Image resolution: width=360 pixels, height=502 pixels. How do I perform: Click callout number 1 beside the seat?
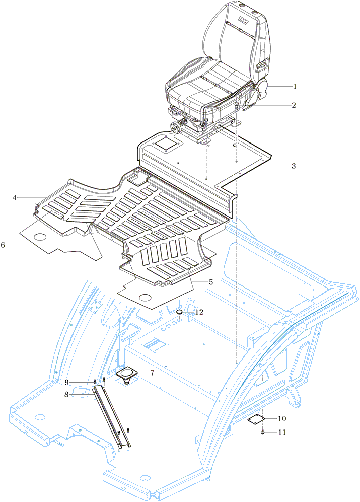coord(295,86)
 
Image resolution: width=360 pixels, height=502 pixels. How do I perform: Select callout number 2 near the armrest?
coord(293,106)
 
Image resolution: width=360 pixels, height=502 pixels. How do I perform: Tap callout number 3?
coord(293,166)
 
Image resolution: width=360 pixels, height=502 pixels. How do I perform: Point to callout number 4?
coord(15,198)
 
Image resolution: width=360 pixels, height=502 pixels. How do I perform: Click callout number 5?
coord(210,282)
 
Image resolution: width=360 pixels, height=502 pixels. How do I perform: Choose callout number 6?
coord(3,245)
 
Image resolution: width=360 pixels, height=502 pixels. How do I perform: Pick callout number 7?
coord(152,373)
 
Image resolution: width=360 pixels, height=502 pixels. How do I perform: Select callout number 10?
coord(282,418)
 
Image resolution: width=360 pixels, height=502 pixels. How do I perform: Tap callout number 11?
coord(282,432)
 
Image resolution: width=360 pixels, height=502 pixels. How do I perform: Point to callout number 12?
coord(199,312)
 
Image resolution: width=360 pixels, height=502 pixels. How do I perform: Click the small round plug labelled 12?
coord(179,313)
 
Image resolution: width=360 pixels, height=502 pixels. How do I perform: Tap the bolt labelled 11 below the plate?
coord(263,433)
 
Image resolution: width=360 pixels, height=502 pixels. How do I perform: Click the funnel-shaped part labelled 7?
coord(127,375)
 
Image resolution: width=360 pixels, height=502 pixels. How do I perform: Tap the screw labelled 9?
coord(95,381)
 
